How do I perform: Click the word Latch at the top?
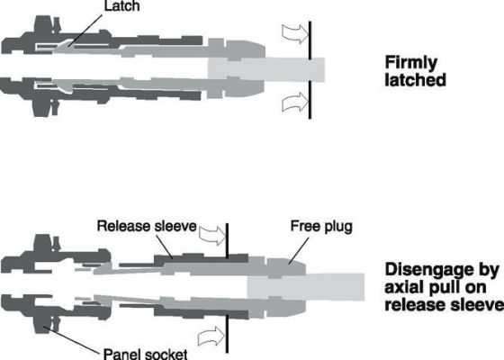point(122,5)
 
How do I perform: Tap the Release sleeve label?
point(147,226)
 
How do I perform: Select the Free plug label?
point(321,227)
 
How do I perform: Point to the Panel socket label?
point(145,354)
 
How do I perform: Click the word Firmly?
point(411,64)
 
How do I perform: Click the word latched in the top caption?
point(415,80)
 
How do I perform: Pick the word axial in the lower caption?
point(403,287)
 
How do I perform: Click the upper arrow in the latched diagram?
point(296,34)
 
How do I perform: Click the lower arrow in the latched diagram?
point(296,103)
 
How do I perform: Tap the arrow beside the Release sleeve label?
point(212,236)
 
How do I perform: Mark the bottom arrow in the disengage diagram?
point(211,337)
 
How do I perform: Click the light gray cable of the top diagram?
point(266,70)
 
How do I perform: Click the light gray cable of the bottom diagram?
point(305,287)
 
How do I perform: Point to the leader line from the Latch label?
point(87,30)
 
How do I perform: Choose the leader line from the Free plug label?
point(299,251)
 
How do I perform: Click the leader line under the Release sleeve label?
point(165,247)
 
